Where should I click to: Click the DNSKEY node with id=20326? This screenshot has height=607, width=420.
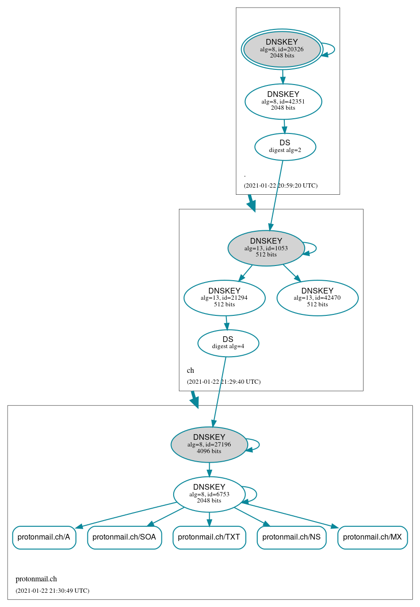[x=282, y=49]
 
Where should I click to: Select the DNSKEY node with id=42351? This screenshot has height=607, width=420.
[x=283, y=101]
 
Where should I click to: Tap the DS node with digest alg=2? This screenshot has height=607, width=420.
[x=285, y=147]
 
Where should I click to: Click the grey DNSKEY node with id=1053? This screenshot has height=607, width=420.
[x=266, y=248]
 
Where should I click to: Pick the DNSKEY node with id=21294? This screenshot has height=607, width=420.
[x=224, y=298]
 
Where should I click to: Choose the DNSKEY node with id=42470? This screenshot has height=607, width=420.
[x=317, y=298]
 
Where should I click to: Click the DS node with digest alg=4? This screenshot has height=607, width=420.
[x=228, y=343]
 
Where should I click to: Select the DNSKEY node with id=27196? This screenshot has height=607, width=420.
[x=209, y=444]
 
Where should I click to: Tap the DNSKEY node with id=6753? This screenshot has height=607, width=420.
[x=209, y=494]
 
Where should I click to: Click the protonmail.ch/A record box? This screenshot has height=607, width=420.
[x=44, y=537]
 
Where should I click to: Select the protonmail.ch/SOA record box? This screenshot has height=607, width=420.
[x=124, y=537]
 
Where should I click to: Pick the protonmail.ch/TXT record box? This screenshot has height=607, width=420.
[x=209, y=537]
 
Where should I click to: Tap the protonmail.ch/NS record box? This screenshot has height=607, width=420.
[x=291, y=537]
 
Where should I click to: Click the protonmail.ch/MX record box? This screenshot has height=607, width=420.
[x=373, y=537]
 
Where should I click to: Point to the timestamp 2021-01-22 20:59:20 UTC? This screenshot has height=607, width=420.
[x=280, y=186]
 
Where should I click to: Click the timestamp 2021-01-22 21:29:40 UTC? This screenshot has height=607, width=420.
[x=224, y=382]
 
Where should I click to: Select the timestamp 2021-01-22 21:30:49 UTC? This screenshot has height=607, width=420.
[x=52, y=591]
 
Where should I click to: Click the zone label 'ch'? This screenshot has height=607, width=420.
[x=190, y=370]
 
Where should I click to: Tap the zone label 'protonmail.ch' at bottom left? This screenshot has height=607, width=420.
[x=36, y=579]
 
